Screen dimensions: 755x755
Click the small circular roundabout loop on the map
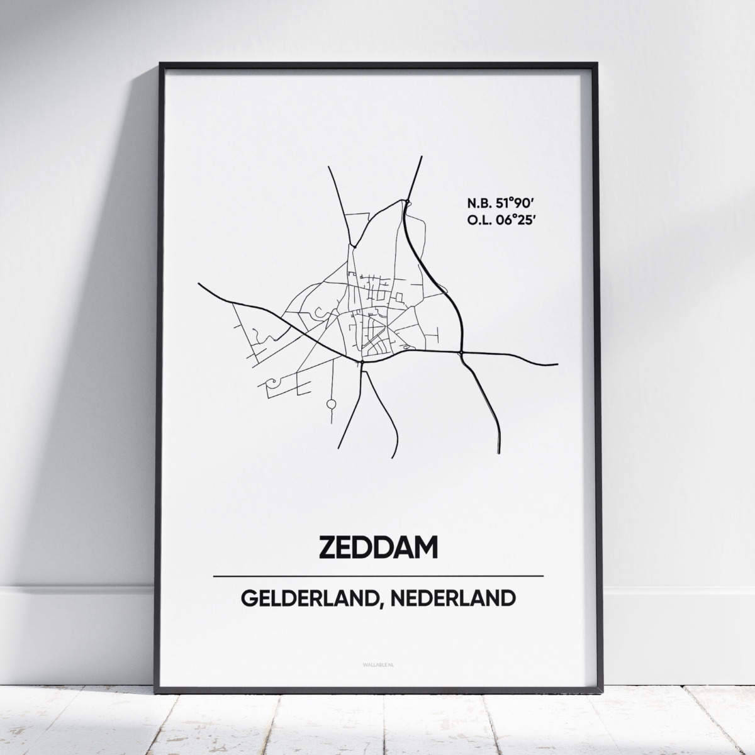coord(330,403)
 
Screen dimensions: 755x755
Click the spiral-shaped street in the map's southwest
coord(272,381)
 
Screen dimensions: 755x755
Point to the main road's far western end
coord(199,284)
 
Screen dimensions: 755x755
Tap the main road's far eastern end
coord(557,364)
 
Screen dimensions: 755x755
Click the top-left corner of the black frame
coord(161,64)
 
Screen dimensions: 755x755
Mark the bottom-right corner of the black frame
coord(596,690)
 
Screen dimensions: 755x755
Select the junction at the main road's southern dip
coord(363,362)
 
